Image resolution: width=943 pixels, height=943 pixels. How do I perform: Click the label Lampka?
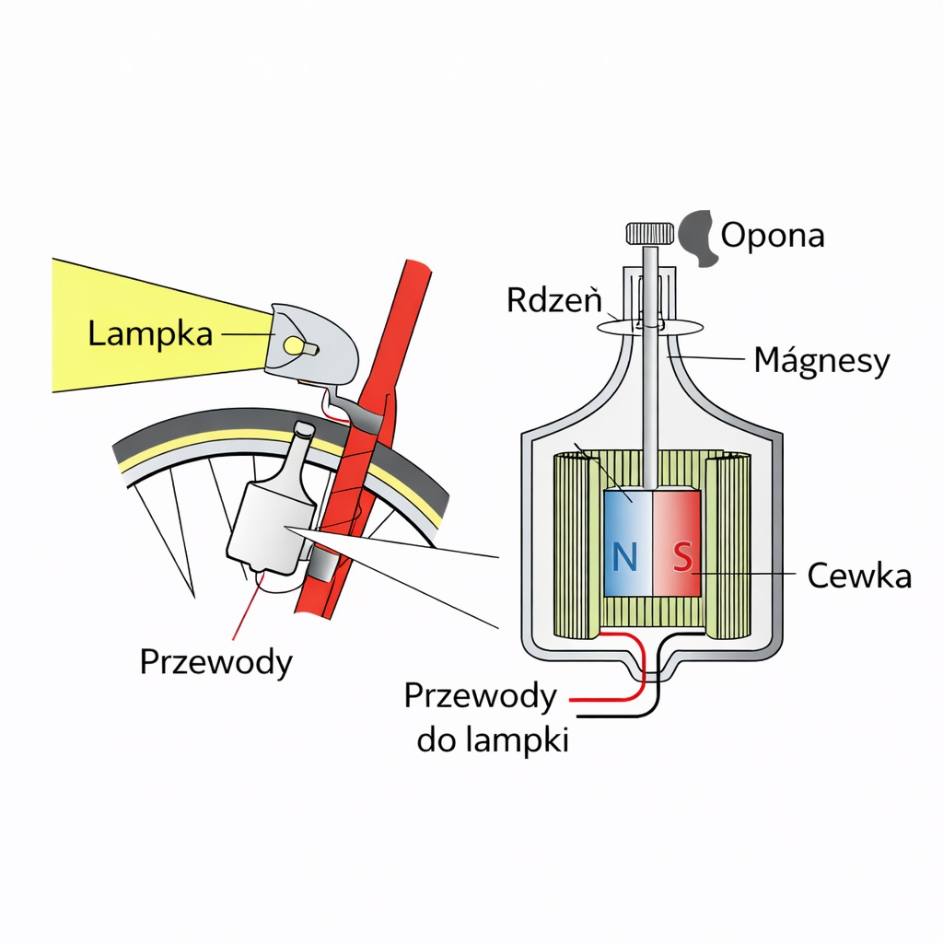point(150,333)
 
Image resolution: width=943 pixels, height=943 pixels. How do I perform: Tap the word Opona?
point(772,236)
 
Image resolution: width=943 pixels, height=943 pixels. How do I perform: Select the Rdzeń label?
point(553,299)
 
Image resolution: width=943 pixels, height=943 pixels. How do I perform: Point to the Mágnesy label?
point(821,360)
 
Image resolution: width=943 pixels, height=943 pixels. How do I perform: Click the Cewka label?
point(858,576)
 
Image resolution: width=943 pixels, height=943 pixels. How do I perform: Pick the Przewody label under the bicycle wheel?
point(215,661)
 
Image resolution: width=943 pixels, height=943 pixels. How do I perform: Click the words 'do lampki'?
point(492,739)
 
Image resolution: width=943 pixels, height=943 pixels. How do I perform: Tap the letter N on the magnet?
point(624,556)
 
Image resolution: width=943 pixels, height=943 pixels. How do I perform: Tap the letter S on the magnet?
point(681,556)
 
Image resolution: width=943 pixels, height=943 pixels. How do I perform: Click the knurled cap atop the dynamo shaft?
point(650,233)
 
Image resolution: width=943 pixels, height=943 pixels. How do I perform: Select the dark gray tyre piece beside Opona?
point(699,238)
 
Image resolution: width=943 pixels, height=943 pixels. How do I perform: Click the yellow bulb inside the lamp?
point(294,345)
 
